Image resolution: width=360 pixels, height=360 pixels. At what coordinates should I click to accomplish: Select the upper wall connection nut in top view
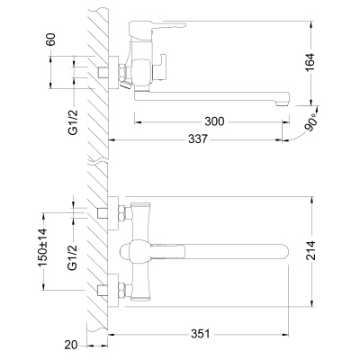116,214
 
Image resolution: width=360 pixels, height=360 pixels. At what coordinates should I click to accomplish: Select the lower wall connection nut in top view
116,290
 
